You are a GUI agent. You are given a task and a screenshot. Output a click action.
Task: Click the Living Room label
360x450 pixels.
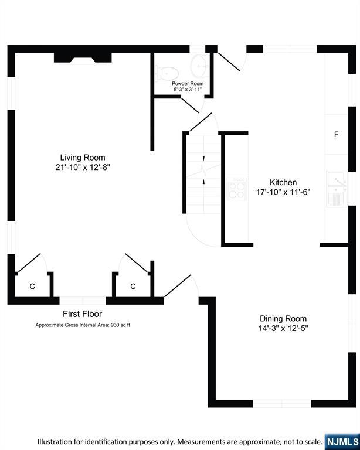pos(83,157)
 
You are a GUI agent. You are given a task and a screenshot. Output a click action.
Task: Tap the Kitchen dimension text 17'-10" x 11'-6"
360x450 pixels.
pos(283,192)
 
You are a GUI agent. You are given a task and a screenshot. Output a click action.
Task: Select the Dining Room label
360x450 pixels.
pos(283,318)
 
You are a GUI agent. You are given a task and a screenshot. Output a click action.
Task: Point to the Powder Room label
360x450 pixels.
pos(188,84)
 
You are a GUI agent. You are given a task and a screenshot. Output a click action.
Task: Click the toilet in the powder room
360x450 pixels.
pos(167,73)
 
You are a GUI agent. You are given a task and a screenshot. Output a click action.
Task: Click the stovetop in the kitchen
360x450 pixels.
pos(237,189)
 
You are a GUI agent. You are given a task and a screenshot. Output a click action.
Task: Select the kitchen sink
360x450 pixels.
pos(337,189)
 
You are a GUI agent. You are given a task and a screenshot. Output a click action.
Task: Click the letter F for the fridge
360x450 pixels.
pos(336,134)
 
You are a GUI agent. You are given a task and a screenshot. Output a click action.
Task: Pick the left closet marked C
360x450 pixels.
pos(32,286)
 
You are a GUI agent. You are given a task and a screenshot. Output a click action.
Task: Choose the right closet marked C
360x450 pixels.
pos(133,286)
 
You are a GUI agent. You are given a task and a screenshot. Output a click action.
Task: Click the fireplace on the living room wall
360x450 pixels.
pos(83,57)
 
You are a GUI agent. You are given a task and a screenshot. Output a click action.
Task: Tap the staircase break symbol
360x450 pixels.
pos(204,169)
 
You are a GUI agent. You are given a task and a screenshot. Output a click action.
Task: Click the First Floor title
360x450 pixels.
pos(83,314)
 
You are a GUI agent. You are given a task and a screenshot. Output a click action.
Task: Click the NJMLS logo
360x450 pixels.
pos(342,442)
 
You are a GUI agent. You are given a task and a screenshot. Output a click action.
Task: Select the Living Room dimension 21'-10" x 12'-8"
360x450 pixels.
pos(83,167)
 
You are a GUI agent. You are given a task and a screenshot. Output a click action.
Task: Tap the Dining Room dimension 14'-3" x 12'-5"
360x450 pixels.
pos(283,328)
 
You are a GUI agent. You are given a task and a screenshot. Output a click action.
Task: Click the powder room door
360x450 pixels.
pos(190,105)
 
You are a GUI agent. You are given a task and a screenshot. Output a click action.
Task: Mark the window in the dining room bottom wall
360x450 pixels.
pos(282,404)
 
